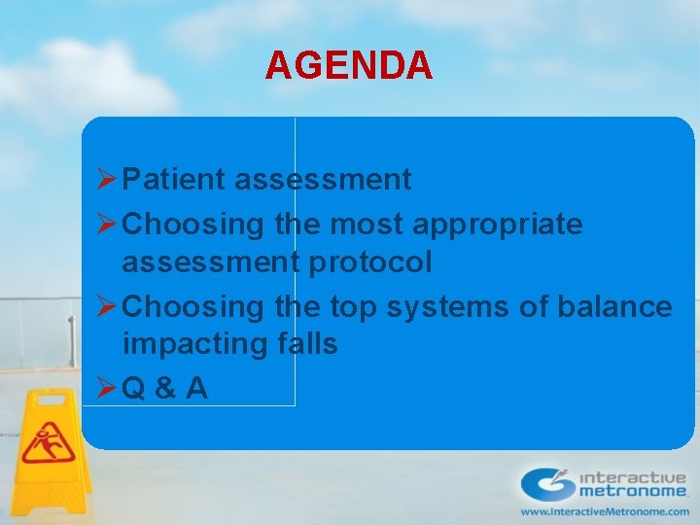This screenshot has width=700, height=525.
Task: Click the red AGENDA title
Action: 349,66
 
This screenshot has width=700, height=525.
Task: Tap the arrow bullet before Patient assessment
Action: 108,180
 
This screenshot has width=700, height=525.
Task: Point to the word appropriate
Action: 499,225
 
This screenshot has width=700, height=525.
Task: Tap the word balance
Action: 614,307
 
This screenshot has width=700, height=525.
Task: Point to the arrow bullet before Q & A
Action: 108,389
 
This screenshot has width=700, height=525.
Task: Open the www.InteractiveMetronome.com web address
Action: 604,511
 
